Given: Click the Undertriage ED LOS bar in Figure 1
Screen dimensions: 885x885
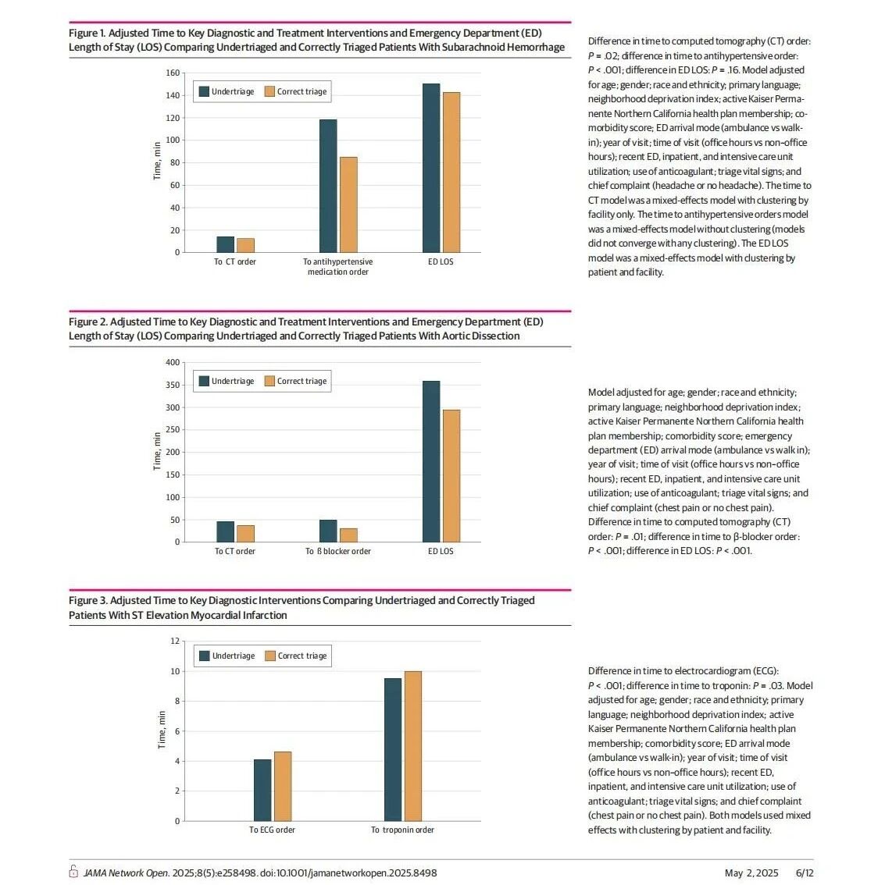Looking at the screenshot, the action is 431,169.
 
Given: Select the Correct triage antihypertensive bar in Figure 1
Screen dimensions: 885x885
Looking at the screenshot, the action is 348,205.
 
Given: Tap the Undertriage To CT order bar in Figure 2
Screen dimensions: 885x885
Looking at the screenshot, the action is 225,531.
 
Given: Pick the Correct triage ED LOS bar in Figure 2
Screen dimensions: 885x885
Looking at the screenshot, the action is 451,476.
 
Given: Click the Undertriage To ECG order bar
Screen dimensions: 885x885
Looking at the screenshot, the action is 262,790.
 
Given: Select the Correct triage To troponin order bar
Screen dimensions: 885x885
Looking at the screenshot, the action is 413,746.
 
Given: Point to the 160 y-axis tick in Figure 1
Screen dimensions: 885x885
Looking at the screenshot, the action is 173,73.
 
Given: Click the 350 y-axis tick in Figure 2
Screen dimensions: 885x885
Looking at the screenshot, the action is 173,385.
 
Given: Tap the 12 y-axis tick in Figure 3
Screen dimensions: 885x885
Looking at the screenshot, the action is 175,642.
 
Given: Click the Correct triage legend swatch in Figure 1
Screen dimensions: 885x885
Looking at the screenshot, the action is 269,91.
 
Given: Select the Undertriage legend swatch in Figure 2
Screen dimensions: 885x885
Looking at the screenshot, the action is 204,381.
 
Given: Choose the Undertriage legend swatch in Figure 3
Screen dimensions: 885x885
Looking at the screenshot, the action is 205,656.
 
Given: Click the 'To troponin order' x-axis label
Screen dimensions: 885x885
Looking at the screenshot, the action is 403,830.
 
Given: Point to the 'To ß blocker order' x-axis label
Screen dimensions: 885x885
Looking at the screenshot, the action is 338,552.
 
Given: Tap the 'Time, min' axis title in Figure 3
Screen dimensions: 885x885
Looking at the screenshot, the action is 162,730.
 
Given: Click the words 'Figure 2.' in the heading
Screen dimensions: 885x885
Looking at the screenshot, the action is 87,322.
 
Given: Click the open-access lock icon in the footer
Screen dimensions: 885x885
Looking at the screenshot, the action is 73,871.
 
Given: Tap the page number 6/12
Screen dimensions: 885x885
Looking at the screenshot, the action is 805,873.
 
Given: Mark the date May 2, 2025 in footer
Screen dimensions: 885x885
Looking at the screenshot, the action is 751,873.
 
